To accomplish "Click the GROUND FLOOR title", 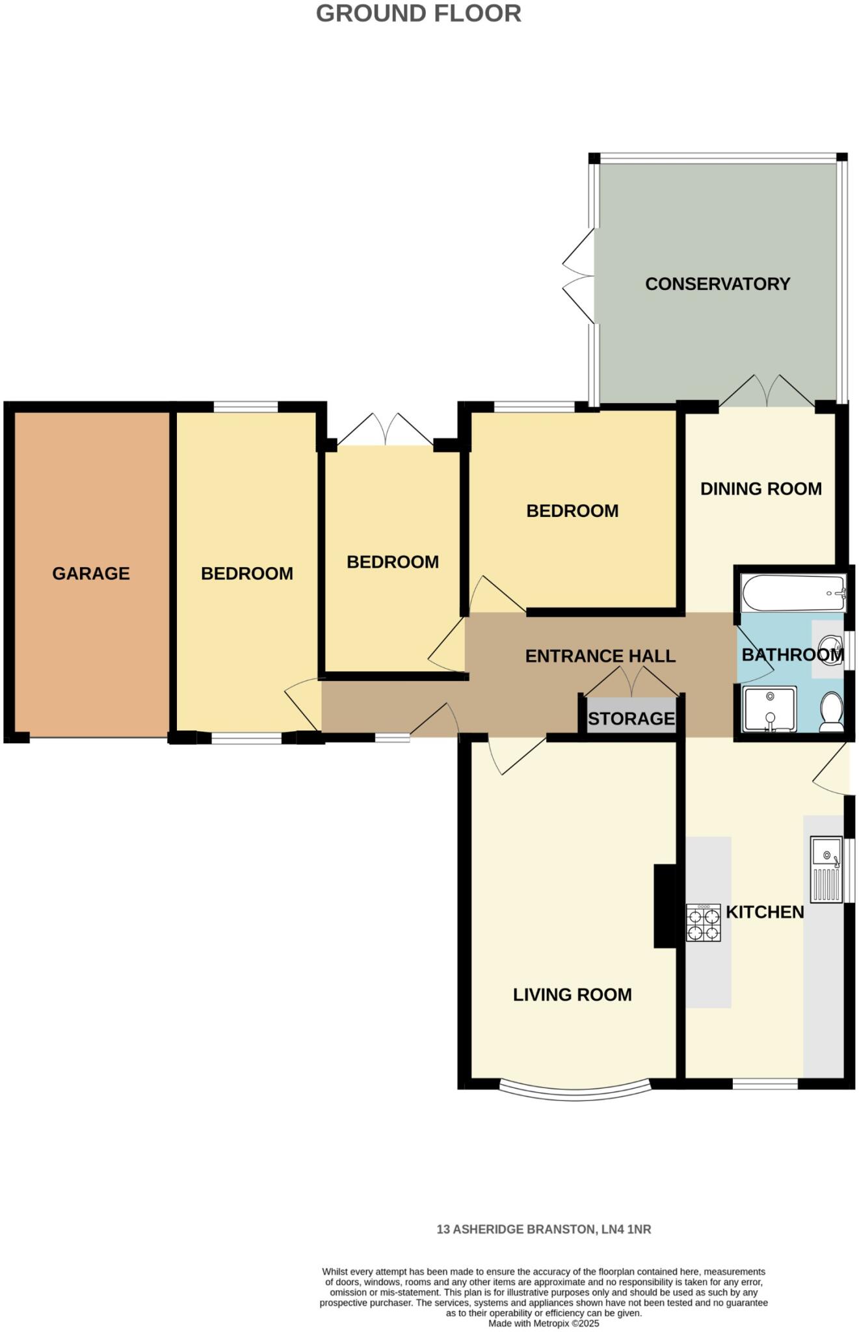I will pyautogui.click(x=418, y=14).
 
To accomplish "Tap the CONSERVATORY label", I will pyautogui.click(x=717, y=284).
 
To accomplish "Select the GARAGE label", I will pyautogui.click(x=91, y=573).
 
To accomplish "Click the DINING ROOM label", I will pyautogui.click(x=760, y=488).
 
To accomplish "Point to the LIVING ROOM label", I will pyautogui.click(x=572, y=994).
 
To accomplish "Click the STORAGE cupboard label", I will pyautogui.click(x=631, y=719).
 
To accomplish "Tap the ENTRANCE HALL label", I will pyautogui.click(x=600, y=656).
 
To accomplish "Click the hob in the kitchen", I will pyautogui.click(x=703, y=922).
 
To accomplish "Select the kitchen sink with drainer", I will pyautogui.click(x=826, y=869).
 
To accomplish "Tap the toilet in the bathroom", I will pyautogui.click(x=832, y=712).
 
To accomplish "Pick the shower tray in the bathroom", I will pyautogui.click(x=770, y=709).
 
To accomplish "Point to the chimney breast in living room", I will pyautogui.click(x=665, y=905).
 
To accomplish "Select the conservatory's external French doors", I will pyautogui.click(x=577, y=275).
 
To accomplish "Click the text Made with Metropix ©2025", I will pyautogui.click(x=544, y=1323).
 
